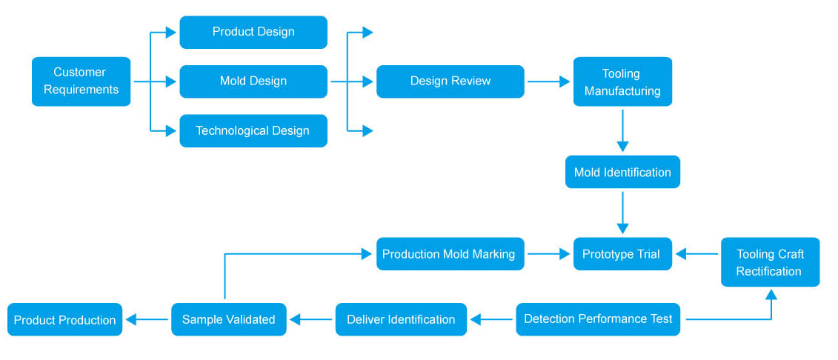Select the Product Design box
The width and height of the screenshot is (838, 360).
(x=253, y=32)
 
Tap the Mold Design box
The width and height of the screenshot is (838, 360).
(x=253, y=81)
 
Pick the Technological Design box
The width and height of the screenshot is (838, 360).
(x=253, y=130)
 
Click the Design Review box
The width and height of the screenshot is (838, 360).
(x=450, y=81)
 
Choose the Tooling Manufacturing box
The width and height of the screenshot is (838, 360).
(x=622, y=81)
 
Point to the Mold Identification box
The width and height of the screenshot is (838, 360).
(x=622, y=172)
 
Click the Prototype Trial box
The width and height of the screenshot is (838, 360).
(x=622, y=254)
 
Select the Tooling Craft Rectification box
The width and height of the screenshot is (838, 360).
(x=770, y=261)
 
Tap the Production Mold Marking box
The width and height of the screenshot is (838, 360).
(x=450, y=254)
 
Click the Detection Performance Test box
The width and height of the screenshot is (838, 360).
(x=598, y=319)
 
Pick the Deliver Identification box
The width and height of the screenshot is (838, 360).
(x=402, y=319)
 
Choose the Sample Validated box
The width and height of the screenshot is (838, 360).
(x=229, y=319)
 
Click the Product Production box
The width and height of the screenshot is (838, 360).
(x=64, y=319)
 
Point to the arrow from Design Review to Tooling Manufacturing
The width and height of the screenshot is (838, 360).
(x=549, y=81)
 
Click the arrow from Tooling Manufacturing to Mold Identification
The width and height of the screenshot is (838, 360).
(x=622, y=131)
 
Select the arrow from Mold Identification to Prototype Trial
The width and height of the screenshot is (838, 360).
(x=622, y=213)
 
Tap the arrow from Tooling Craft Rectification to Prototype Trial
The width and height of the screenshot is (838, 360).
(x=697, y=254)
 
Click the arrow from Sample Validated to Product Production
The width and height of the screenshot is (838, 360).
(x=147, y=319)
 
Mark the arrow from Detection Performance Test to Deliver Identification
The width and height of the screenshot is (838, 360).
(x=492, y=319)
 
